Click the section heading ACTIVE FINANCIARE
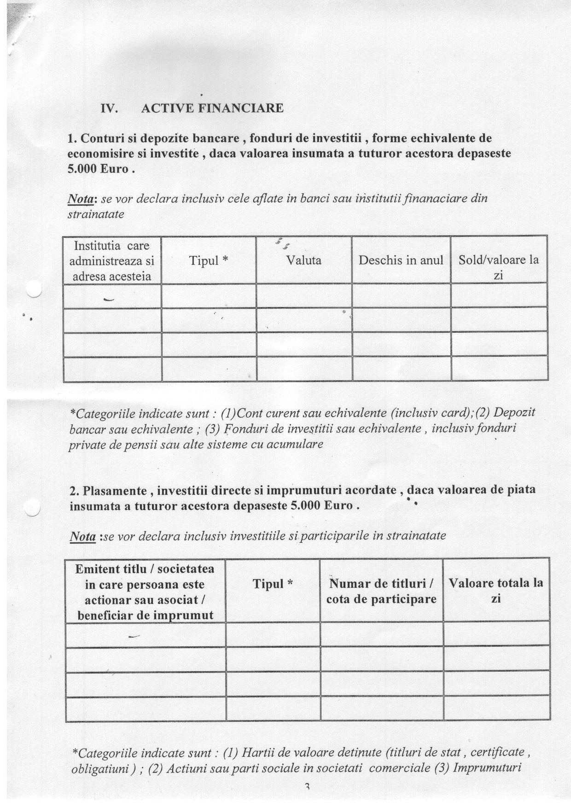212,108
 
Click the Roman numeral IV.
109,109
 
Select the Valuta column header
303,261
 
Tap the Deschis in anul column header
401,261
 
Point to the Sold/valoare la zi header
499,267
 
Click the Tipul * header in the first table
209,261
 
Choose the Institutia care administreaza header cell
112,261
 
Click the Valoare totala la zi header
496,590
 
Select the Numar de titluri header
381,591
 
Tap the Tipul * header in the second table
273,584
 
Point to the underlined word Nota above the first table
82,199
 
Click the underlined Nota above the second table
83,536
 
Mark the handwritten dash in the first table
109,300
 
